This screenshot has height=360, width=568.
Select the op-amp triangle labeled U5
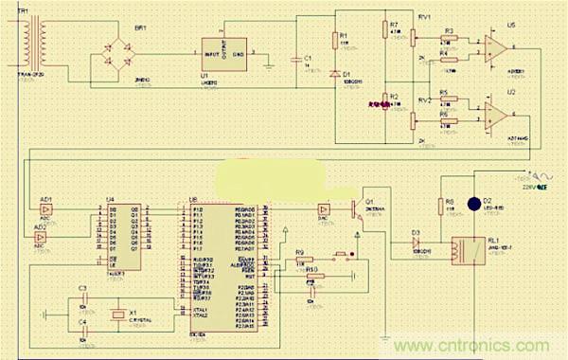pos(493,45)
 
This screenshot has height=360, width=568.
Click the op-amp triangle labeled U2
pos(493,115)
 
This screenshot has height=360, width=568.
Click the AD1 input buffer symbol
pos(46,211)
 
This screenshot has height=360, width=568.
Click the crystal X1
pos(116,315)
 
